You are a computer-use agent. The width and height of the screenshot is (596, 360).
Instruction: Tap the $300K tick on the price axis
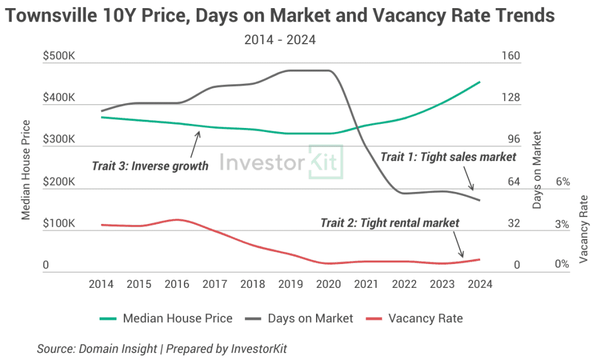point(59,140)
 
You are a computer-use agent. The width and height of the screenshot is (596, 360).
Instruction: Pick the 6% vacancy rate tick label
point(562,182)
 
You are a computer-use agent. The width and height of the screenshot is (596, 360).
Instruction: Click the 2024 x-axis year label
point(480,284)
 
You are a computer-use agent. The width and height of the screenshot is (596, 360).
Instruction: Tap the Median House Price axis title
point(26,169)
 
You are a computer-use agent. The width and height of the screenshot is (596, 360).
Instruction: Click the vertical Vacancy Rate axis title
point(584,229)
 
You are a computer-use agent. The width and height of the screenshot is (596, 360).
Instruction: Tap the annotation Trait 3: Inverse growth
point(150,166)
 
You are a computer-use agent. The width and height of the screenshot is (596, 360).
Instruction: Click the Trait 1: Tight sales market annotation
point(448,156)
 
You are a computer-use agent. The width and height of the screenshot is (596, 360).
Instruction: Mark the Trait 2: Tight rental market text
point(389,223)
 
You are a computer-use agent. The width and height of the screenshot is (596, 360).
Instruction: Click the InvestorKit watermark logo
point(281,161)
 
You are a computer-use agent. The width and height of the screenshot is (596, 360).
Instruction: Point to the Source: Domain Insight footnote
point(162,348)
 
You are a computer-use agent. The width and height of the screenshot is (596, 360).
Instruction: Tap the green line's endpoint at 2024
point(480,82)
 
